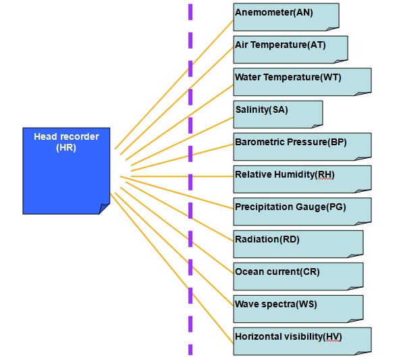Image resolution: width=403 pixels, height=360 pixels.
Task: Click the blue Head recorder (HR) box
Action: (x=66, y=171)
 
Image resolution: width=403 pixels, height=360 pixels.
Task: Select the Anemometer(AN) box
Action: (x=286, y=17)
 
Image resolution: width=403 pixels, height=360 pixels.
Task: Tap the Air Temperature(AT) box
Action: (x=290, y=49)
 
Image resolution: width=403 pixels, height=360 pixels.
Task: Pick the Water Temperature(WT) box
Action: (x=302, y=82)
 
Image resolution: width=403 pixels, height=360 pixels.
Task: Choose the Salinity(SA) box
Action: (x=278, y=114)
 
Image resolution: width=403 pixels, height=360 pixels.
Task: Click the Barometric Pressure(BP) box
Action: (x=302, y=147)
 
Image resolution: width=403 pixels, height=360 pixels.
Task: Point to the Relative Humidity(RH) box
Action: (x=302, y=179)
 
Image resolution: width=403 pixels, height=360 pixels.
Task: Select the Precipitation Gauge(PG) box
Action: (x=302, y=211)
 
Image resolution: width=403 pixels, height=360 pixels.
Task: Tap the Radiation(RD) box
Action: (x=298, y=244)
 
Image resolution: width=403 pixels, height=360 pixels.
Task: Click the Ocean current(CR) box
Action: (x=298, y=276)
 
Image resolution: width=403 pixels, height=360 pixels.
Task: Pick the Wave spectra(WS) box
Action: (x=298, y=309)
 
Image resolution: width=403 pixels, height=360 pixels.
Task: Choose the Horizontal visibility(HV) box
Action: (x=302, y=341)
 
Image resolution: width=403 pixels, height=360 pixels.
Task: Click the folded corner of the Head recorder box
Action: (x=105, y=209)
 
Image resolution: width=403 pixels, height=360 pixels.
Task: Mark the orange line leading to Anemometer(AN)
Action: (x=174, y=84)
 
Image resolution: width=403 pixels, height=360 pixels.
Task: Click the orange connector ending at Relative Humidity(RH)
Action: (x=182, y=176)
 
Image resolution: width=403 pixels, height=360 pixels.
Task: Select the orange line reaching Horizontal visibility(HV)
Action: (x=171, y=268)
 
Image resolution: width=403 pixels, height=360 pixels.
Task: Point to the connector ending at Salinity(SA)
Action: (x=182, y=141)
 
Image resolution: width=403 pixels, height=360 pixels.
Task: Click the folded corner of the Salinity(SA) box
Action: (x=317, y=126)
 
